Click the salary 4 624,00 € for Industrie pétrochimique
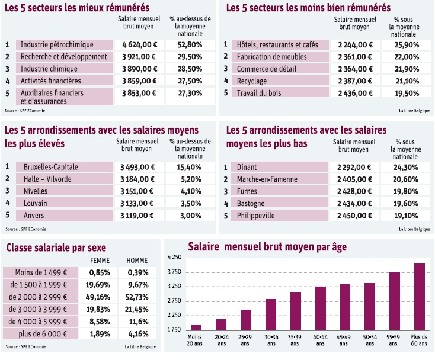point(140,44)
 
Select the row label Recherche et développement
point(63,57)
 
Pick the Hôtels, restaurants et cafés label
point(277,45)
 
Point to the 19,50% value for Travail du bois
point(406,93)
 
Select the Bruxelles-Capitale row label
point(50,167)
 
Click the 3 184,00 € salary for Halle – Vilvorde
point(140,179)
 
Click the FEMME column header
point(99,261)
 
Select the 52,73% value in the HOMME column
point(138,297)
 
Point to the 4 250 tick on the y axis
point(174,257)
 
